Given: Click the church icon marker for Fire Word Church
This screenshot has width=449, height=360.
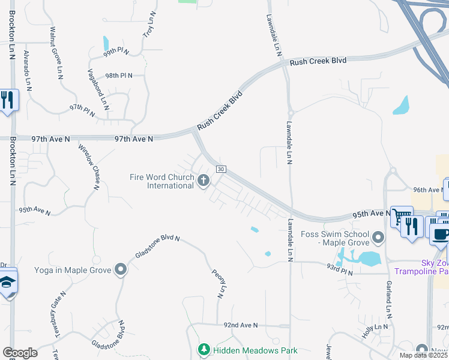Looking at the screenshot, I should [x=203, y=179].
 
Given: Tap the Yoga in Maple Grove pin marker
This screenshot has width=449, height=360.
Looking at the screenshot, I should [x=121, y=269].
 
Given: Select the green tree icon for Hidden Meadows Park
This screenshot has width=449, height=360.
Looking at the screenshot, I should [x=203, y=349].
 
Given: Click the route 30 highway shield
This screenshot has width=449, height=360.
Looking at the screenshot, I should [x=221, y=170].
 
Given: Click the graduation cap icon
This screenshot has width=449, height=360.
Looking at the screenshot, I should [x=7, y=283].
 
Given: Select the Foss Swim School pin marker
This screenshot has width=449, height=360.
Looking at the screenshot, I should [x=378, y=238].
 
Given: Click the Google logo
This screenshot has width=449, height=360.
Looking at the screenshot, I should [x=20, y=353].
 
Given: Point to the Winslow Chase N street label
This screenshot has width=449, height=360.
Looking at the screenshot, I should [x=88, y=166].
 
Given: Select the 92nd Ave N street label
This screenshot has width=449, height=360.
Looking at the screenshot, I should [x=240, y=325].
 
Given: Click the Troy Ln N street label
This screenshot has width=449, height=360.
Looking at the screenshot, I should [x=149, y=25].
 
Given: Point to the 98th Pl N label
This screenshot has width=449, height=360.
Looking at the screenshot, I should [x=118, y=76].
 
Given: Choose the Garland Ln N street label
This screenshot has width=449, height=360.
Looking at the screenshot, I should [x=389, y=299].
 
